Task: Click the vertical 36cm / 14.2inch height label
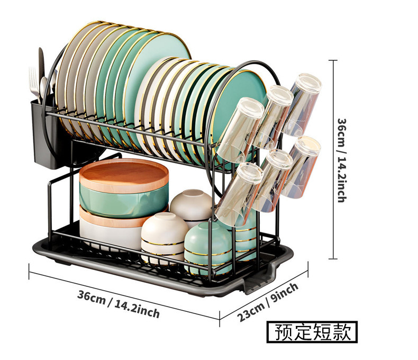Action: coord(342,159)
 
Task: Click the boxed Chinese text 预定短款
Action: coord(312,332)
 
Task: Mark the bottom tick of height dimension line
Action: coord(333,259)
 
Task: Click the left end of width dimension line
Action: coord(30,272)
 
